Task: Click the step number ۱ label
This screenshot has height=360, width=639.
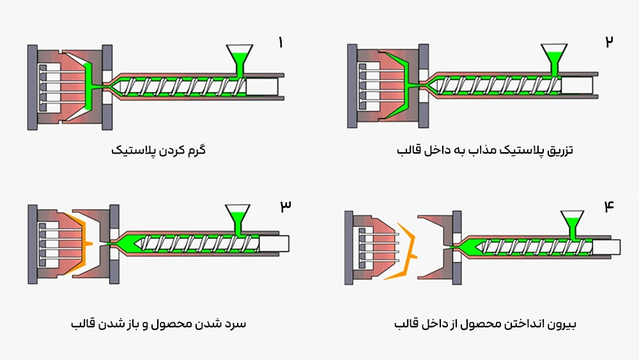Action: [280, 43]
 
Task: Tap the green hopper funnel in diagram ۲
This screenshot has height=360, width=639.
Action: [554, 54]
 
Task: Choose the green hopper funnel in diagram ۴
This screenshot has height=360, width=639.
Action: [571, 220]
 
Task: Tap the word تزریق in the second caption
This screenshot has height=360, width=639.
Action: [560, 152]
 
